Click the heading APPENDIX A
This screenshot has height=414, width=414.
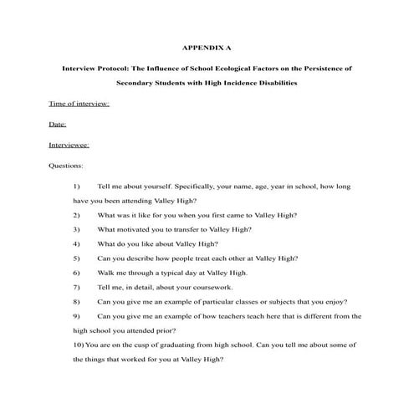[207, 47]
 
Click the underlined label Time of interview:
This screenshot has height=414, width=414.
[79, 105]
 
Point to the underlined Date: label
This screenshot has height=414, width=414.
[58, 125]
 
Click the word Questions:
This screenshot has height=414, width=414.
[67, 165]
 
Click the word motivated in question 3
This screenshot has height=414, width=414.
[131, 229]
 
